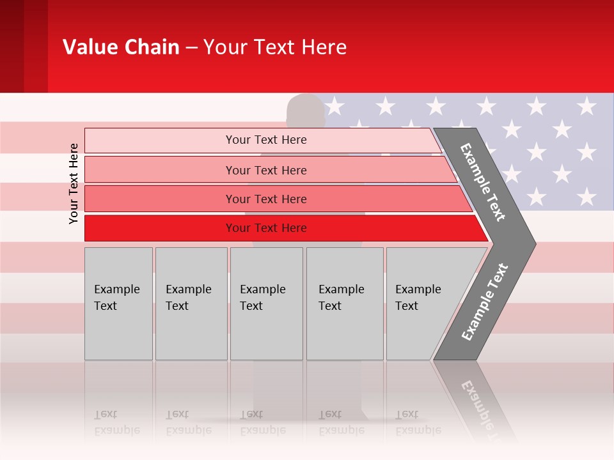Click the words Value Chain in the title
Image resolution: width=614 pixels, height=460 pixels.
click(121, 47)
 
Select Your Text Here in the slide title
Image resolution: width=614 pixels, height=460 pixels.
click(275, 47)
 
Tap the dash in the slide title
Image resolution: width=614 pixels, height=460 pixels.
click(191, 48)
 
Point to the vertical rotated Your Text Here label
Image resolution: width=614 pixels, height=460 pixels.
click(74, 183)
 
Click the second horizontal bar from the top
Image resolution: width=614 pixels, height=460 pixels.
click(266, 170)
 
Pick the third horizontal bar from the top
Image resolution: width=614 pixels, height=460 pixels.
click(266, 199)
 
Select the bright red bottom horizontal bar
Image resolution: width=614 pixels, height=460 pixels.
click(266, 228)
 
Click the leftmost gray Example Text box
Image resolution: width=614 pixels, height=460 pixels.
click(118, 303)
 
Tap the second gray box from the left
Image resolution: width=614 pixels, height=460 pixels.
click(191, 303)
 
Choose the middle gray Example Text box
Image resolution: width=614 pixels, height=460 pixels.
click(266, 303)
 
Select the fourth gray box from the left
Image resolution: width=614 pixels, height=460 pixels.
click(344, 303)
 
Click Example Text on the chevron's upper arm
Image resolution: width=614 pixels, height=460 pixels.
click(483, 182)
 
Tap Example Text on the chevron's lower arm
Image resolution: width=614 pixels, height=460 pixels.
click(485, 302)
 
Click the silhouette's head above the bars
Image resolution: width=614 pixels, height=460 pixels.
click(306, 109)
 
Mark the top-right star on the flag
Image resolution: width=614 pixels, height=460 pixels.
click(586, 105)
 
